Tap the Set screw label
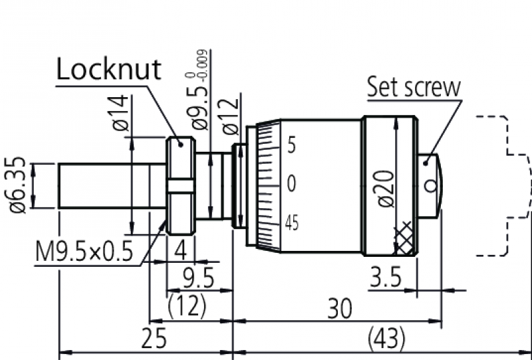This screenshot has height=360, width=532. [x=414, y=87]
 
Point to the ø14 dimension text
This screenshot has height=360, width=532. [x=119, y=112]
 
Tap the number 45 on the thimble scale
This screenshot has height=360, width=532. [x=291, y=223]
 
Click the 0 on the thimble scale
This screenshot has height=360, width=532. [x=291, y=184]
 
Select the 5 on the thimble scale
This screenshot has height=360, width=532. [x=291, y=145]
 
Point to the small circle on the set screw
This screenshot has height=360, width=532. [x=433, y=188]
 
